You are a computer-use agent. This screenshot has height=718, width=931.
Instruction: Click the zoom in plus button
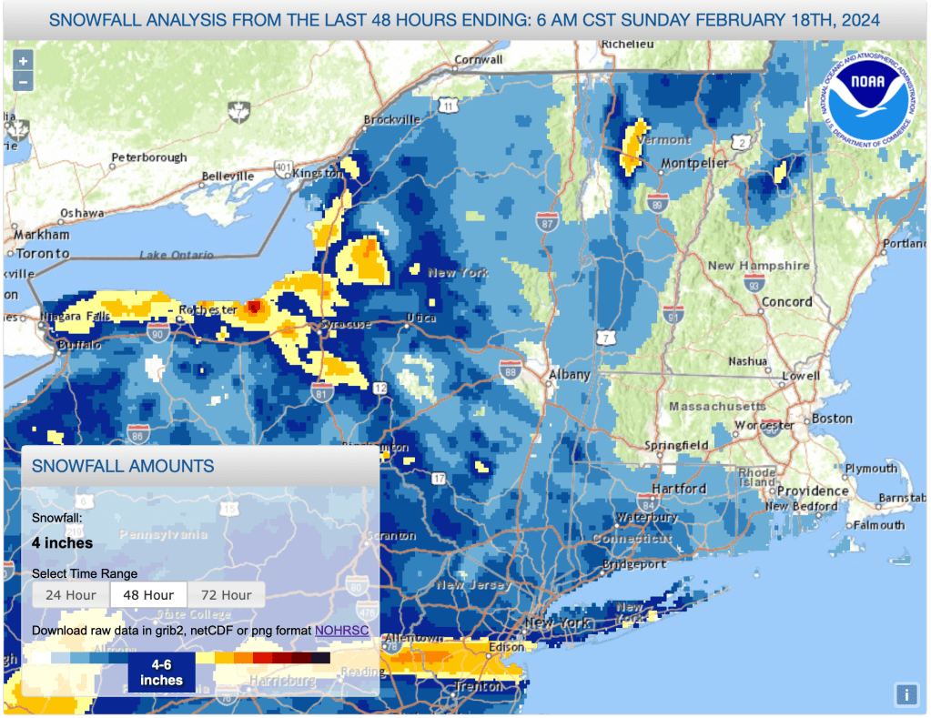coord(23,60)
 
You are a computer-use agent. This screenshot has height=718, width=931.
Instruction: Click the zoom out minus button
coord(23,81)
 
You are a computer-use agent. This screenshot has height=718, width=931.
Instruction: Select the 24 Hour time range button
coord(71,595)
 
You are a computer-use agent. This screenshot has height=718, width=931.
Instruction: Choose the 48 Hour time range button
coord(148,595)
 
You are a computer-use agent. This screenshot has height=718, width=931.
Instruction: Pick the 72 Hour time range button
coord(226,595)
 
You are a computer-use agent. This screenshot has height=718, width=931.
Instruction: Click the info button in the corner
coord(906,694)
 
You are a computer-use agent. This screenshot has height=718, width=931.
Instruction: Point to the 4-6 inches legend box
coord(161,672)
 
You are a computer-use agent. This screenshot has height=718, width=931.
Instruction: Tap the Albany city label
coord(569,374)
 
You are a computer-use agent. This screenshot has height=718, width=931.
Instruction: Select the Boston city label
coord(832,419)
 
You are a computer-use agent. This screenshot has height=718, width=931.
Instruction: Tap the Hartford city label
coord(679,489)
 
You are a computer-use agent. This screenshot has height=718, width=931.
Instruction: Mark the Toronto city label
coord(42,253)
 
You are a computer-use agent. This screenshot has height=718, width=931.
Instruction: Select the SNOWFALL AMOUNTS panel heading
coord(123,467)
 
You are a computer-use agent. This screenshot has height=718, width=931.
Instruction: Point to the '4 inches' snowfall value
coord(62,543)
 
